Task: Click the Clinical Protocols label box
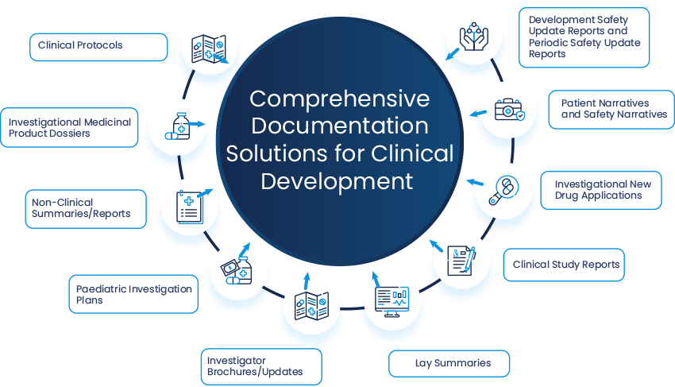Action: [x=98, y=46]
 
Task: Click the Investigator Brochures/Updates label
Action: [x=260, y=366]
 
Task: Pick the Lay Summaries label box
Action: [x=449, y=363]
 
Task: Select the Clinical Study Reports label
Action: [x=564, y=265]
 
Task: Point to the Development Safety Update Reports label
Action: [x=584, y=37]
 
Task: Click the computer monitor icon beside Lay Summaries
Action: [x=390, y=300]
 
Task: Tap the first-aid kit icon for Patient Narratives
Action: [x=509, y=108]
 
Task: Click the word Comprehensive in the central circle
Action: [x=339, y=99]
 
